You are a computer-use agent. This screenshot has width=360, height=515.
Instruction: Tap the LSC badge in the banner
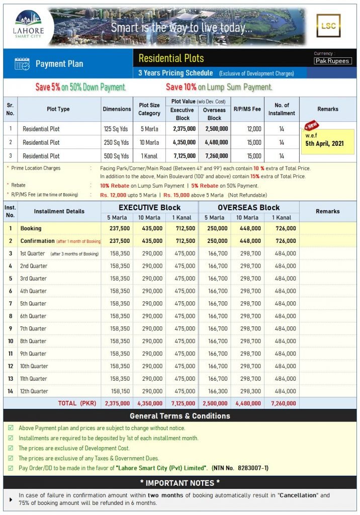tap(328, 26)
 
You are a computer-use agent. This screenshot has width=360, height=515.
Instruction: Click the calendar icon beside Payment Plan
tap(22, 64)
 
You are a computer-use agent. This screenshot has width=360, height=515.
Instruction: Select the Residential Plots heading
tap(171, 58)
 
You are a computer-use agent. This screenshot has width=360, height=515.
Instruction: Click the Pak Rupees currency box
tap(333, 61)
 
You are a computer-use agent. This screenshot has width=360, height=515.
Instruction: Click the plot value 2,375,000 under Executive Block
tap(182, 129)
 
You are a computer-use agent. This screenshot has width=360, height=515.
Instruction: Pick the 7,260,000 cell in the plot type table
tap(214, 156)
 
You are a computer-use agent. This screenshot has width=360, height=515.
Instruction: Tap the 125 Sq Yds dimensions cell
tap(116, 129)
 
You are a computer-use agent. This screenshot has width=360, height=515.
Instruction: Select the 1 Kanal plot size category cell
tap(149, 156)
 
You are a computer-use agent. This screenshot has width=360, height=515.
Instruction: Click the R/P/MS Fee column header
tap(247, 109)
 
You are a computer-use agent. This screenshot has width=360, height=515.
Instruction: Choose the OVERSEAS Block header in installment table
tap(248, 207)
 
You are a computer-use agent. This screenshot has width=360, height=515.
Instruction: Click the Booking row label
tap(31, 228)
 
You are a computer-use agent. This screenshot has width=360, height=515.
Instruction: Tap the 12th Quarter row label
tap(34, 391)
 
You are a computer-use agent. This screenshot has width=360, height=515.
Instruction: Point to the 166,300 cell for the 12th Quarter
tap(215, 391)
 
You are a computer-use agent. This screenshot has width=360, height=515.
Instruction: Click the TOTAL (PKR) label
tap(74, 403)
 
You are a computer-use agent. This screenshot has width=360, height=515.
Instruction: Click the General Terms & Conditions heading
tap(180, 416)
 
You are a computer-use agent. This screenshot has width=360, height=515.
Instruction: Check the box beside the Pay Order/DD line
tap(11, 468)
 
